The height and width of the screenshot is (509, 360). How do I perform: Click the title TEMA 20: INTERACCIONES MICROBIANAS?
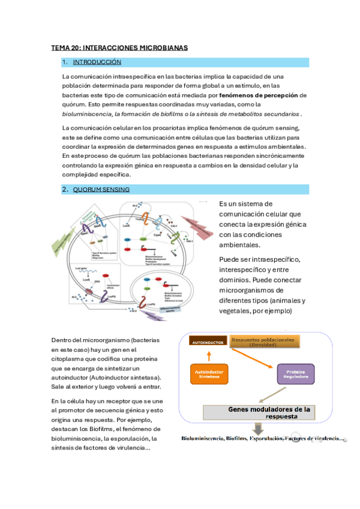[x=119, y=47]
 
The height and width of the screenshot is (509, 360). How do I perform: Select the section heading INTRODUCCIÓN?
[x=97, y=62]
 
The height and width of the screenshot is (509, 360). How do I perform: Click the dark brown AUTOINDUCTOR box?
[x=207, y=342]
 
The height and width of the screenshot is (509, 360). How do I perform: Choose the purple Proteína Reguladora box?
[x=295, y=374]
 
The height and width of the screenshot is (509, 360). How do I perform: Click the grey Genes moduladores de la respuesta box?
[x=268, y=412]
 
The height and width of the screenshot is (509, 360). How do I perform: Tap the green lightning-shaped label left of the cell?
[x=64, y=247]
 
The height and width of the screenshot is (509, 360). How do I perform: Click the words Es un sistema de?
[x=245, y=204]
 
